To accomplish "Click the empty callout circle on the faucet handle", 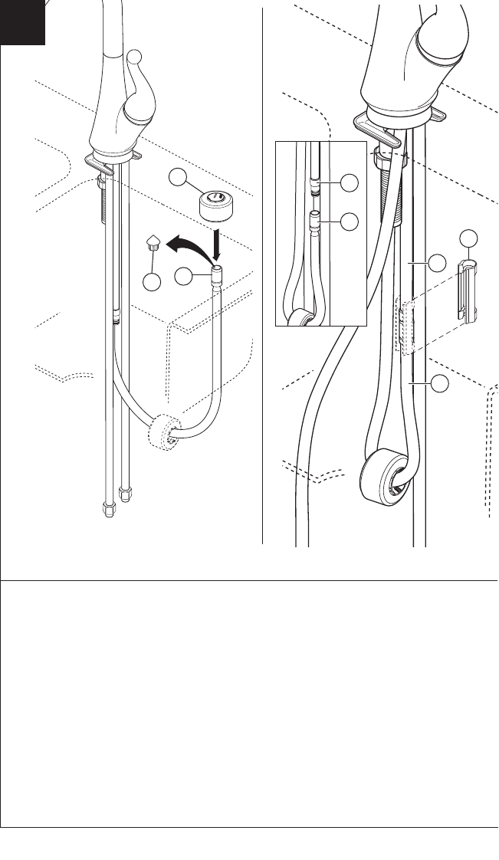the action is (134, 56).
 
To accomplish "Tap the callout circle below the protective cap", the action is (152, 281).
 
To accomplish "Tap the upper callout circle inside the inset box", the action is (350, 182).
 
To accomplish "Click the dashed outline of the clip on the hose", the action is (404, 325).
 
